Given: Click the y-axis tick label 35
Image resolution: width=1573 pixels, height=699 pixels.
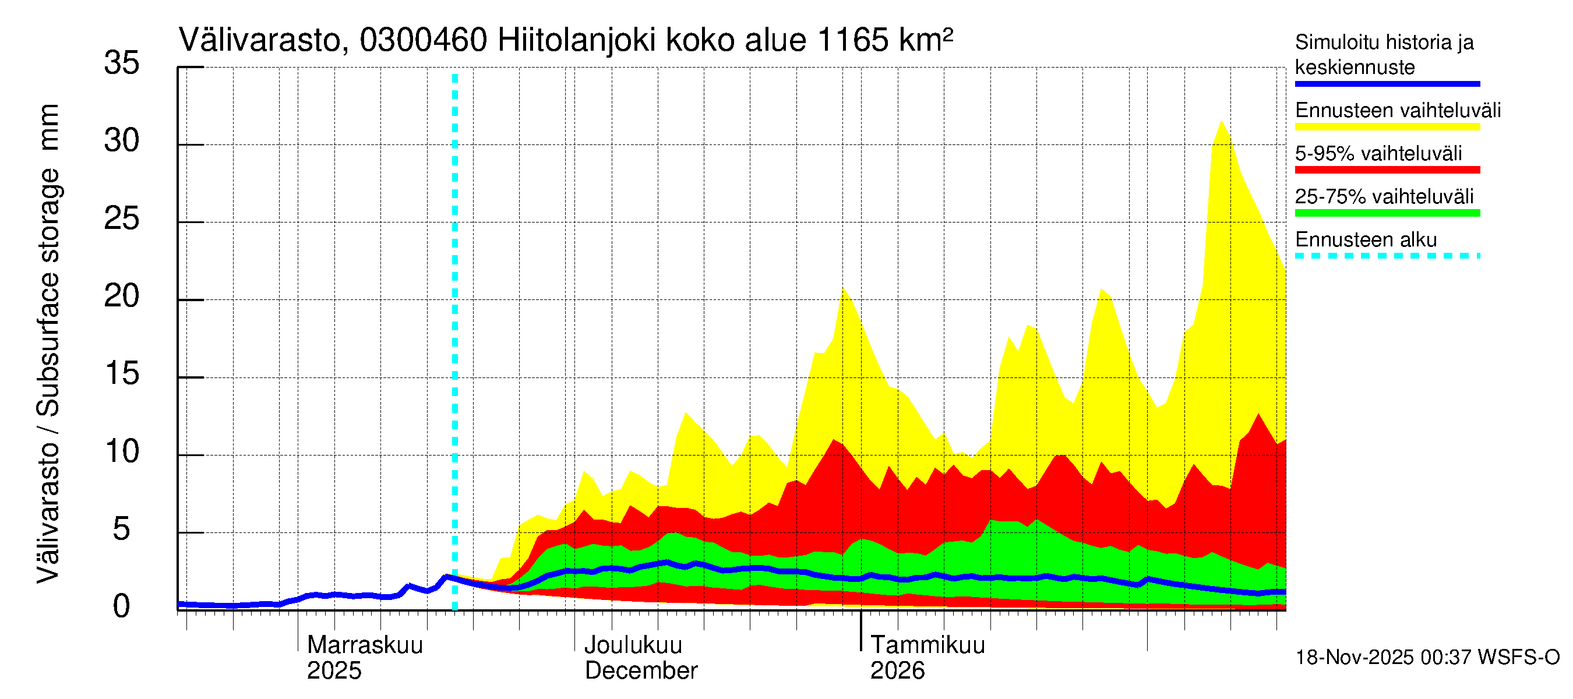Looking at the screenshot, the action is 122,63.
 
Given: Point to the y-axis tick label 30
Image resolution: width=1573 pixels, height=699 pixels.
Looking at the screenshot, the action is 122,141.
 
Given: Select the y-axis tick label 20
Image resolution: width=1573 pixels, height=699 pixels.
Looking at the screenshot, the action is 122,296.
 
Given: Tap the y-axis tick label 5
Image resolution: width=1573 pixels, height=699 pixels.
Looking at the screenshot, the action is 122,529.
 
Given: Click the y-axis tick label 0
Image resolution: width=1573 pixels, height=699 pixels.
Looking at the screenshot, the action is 122,607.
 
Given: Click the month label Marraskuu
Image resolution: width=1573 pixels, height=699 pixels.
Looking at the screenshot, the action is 365,645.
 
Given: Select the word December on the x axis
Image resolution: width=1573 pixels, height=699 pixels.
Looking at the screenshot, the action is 640,670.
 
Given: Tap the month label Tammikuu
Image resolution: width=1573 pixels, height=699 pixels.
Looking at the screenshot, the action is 927,645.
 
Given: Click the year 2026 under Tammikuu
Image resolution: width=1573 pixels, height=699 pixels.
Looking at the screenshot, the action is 897,670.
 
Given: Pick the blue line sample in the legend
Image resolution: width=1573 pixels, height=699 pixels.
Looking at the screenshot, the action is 1387,84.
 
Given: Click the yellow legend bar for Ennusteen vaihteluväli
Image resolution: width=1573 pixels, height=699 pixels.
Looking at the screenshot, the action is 1387,127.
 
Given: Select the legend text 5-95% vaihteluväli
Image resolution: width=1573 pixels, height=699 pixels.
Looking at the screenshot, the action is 1378,153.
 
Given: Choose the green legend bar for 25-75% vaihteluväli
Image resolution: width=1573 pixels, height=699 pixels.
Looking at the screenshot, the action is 1387,213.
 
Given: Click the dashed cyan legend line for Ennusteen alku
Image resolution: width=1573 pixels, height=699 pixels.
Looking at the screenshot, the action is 1387,256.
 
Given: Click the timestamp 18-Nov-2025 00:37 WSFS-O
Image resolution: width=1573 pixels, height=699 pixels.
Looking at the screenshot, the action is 1427,658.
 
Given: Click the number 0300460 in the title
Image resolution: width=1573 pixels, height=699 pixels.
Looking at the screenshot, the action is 423,41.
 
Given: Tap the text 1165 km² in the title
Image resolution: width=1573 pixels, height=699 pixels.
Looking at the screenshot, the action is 884,41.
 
